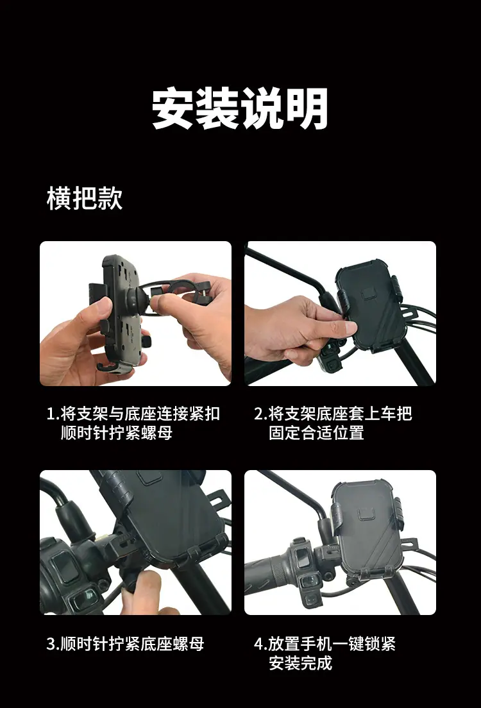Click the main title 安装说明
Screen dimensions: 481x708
(240, 108)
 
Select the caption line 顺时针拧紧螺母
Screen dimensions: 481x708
(117, 433)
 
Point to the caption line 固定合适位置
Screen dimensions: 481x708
(316, 433)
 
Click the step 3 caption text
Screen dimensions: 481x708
(125, 644)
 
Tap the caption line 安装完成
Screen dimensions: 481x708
(300, 663)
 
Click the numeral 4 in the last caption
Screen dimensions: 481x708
(258, 644)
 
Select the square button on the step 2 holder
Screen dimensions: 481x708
(369, 293)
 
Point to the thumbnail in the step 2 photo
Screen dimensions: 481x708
(348, 327)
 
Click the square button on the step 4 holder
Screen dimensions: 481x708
(366, 514)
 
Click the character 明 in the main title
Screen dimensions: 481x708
(307, 108)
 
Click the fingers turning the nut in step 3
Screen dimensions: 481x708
(144, 591)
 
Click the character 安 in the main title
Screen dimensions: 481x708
(173, 108)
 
